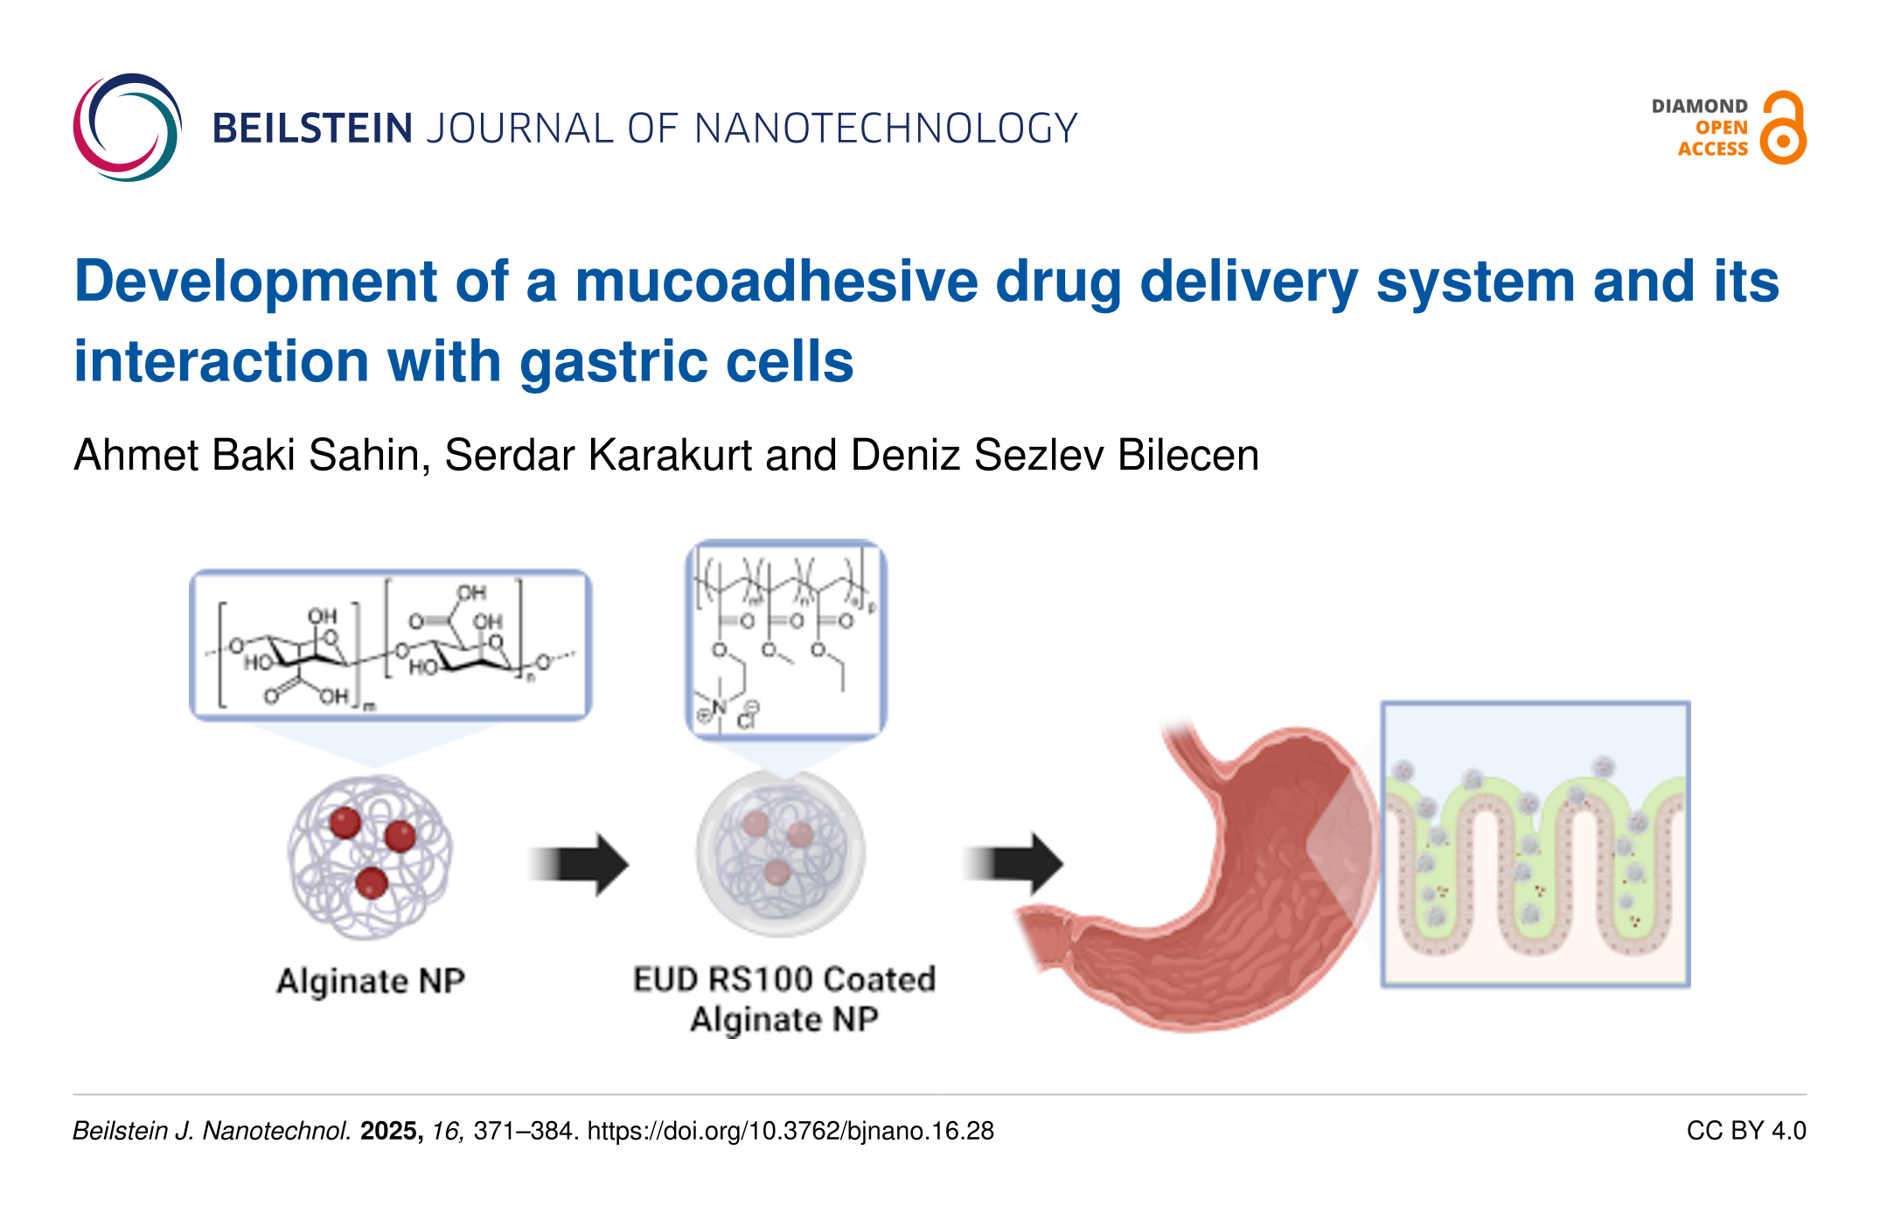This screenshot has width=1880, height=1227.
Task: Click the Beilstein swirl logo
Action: click(128, 128)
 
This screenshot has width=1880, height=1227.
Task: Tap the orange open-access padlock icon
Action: click(1783, 129)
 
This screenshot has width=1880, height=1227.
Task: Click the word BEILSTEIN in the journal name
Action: click(312, 129)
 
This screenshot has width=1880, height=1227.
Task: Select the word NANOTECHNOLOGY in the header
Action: click(885, 129)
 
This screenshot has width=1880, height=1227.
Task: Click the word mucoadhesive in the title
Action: click(776, 282)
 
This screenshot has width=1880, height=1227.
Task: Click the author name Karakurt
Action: click(670, 455)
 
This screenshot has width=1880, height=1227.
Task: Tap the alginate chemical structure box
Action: click(390, 645)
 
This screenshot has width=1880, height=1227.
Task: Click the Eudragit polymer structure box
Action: click(786, 639)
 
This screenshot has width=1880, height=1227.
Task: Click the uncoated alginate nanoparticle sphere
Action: click(371, 857)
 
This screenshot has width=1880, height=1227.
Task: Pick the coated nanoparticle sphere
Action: click(781, 853)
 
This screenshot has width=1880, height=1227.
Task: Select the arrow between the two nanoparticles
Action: click(579, 864)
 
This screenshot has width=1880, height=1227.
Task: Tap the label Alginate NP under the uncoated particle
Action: click(371, 981)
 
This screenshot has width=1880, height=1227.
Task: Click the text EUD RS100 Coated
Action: click(784, 980)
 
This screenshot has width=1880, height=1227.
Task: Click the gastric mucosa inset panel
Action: click(1535, 844)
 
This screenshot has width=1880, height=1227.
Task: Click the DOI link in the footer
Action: click(790, 1131)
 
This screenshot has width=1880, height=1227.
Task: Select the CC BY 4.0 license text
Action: click(1745, 1131)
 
